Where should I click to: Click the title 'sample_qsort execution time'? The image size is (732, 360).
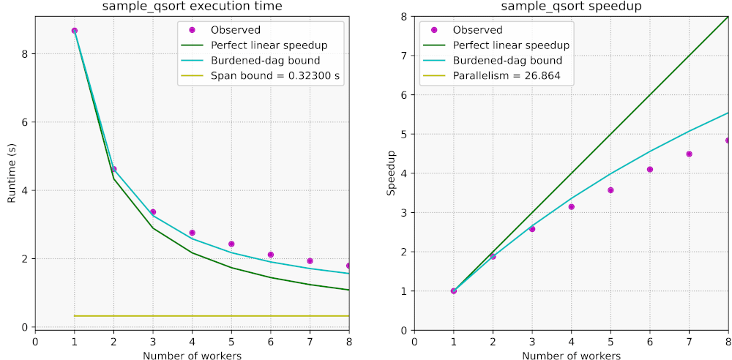click(x=192, y=7)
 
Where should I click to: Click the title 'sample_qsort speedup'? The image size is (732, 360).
click(x=571, y=7)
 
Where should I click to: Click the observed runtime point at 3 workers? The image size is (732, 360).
click(x=153, y=212)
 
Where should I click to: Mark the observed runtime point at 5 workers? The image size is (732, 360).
click(x=231, y=244)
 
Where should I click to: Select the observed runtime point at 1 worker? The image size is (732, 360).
click(x=74, y=31)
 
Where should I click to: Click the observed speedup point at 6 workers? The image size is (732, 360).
click(x=650, y=170)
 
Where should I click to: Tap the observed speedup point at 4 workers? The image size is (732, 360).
click(x=572, y=207)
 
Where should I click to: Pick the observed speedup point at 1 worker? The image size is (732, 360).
click(x=453, y=291)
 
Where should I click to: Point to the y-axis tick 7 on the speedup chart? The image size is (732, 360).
click(x=406, y=56)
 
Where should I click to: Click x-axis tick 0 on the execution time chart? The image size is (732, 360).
click(x=35, y=342)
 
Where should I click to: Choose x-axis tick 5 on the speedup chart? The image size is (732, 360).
click(x=610, y=342)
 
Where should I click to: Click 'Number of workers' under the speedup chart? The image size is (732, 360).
click(x=571, y=356)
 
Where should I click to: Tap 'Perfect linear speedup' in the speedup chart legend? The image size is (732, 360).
click(x=511, y=45)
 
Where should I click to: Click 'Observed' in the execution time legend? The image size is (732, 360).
click(x=235, y=30)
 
